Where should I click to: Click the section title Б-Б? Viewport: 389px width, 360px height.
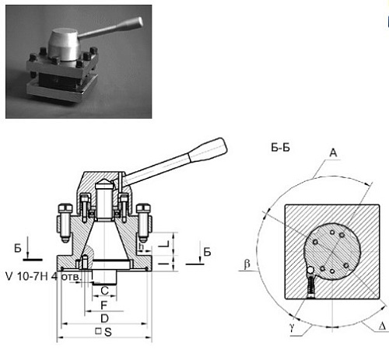pyautogui.click(x=280, y=148)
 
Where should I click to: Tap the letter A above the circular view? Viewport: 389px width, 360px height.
pyautogui.click(x=333, y=152)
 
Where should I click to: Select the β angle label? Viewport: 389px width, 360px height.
pyautogui.click(x=247, y=264)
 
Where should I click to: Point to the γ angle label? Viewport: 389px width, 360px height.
pyautogui.click(x=293, y=327)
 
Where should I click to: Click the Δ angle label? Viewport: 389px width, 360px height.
pyautogui.click(x=382, y=326)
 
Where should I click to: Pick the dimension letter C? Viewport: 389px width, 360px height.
pyautogui.click(x=104, y=291)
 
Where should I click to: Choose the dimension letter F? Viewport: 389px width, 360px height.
pyautogui.click(x=103, y=306)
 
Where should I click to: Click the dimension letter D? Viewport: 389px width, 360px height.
pyautogui.click(x=104, y=319)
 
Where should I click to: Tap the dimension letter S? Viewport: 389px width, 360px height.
pyautogui.click(x=108, y=332)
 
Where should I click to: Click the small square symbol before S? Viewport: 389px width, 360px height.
pyautogui.click(x=98, y=331)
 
